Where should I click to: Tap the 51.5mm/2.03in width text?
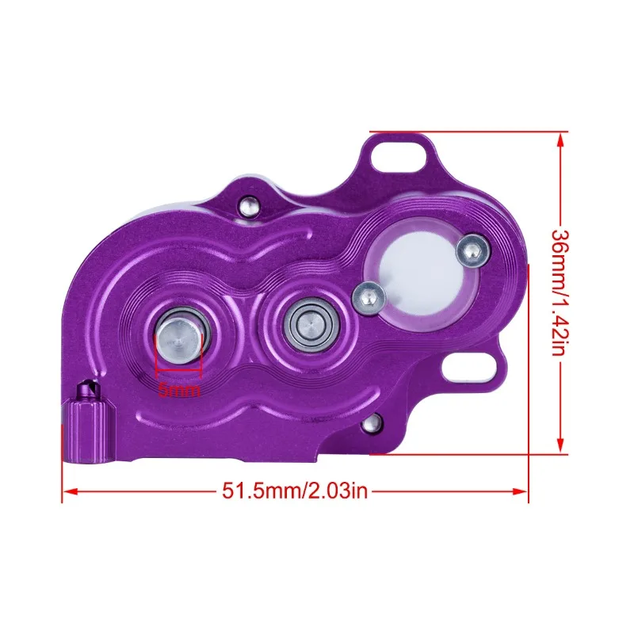295,491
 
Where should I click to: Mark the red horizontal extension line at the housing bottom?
468,454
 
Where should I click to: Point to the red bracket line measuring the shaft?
180,370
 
